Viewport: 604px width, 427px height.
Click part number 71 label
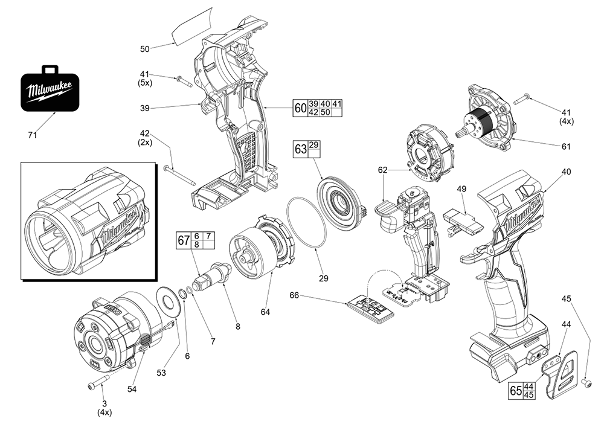[x=33, y=135]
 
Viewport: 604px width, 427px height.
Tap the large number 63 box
[x=301, y=149]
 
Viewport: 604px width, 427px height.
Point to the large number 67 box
[x=183, y=240]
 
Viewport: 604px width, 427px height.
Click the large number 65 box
[x=515, y=391]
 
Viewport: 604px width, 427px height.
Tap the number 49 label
[x=461, y=189]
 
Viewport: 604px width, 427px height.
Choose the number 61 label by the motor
[x=566, y=146]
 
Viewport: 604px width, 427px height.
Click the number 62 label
[x=382, y=170]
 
